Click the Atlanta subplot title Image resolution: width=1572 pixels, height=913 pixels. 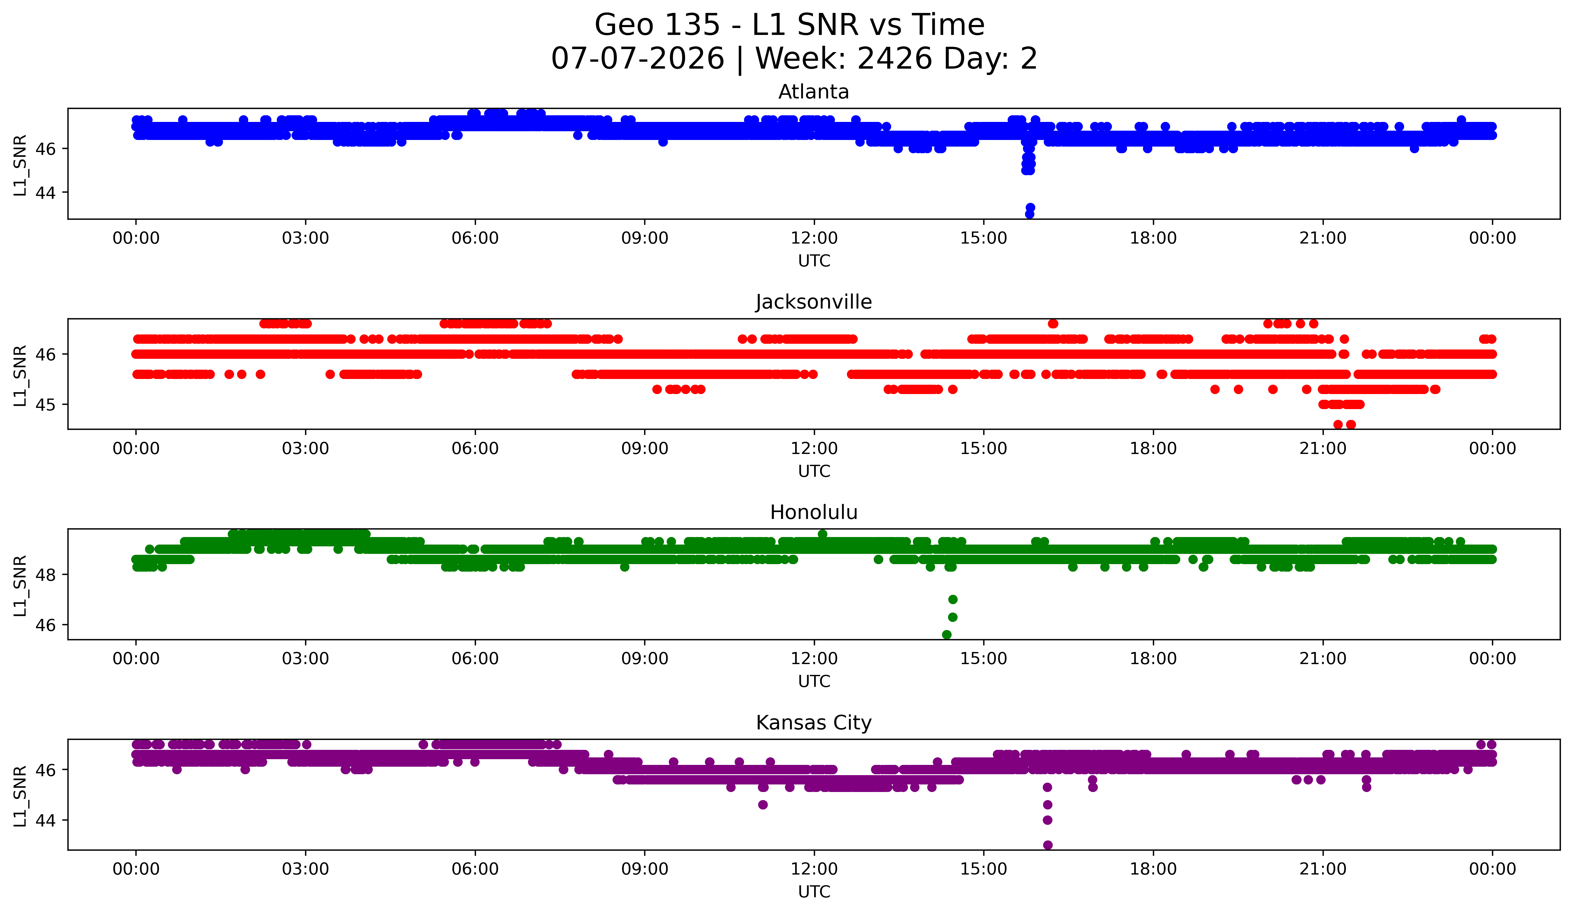[x=814, y=92]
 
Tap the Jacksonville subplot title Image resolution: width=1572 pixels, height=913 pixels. [x=814, y=302]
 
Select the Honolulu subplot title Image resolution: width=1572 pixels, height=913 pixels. [x=814, y=512]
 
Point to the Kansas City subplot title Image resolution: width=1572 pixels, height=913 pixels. [x=814, y=723]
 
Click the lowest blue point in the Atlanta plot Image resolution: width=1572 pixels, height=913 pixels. [x=1029, y=214]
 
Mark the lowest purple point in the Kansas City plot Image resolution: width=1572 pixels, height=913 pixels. [x=1047, y=845]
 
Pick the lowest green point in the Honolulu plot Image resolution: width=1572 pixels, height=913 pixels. [x=946, y=635]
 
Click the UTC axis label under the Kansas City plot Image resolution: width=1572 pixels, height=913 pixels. [x=814, y=892]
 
